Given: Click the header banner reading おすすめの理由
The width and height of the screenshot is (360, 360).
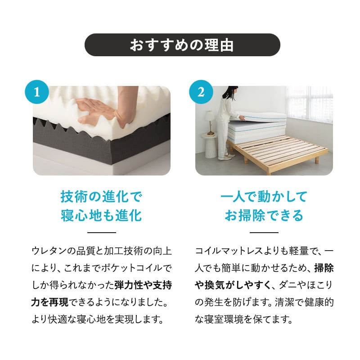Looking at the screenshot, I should click(x=182, y=45).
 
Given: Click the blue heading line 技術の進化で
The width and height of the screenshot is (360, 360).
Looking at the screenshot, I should click(x=101, y=197).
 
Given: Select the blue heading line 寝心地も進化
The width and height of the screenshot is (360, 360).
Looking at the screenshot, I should click(x=101, y=216).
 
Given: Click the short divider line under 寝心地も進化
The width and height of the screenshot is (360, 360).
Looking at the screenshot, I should click(x=101, y=233).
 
